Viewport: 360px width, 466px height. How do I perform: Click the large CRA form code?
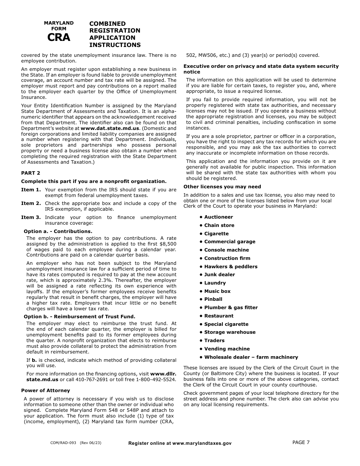coord(59,38)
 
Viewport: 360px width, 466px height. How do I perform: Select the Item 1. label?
coord(31,190)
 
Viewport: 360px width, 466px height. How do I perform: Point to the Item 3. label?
coord(31,217)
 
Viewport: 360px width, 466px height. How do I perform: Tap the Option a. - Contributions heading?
coord(58,231)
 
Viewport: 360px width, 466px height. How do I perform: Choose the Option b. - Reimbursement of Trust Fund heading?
coord(79,316)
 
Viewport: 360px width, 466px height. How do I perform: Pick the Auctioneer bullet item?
coord(218,217)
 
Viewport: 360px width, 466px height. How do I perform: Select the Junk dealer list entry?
coord(219,275)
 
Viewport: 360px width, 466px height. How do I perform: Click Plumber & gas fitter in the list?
coord(231,308)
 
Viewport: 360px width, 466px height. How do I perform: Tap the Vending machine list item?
coord(227,349)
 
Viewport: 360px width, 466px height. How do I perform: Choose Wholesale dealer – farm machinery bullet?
coord(251,357)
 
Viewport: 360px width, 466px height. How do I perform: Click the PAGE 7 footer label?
coord(301,442)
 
